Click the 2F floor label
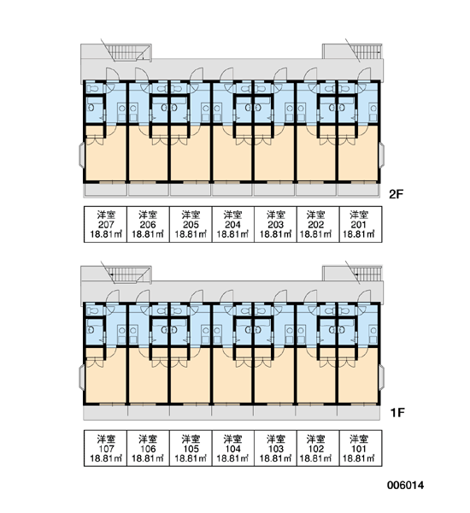[x=397, y=194]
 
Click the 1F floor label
[x=397, y=413]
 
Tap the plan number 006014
[x=405, y=485]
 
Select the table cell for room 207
[x=106, y=224]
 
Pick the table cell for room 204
[x=233, y=224]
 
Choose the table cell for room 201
[x=361, y=224]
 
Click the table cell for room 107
[x=106, y=448]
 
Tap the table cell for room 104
[x=233, y=448]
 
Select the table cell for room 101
[x=361, y=448]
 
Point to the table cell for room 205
[x=191, y=224]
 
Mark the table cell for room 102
[x=318, y=448]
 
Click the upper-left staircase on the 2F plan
[x=128, y=52]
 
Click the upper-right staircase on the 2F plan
[x=366, y=51]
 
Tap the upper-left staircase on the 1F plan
[x=128, y=274]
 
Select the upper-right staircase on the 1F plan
[x=366, y=274]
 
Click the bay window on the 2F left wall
[x=82, y=155]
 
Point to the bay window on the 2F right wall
[x=382, y=155]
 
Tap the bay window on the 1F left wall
[x=82, y=377]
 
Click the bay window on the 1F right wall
[x=382, y=377]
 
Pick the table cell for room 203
[x=275, y=224]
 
